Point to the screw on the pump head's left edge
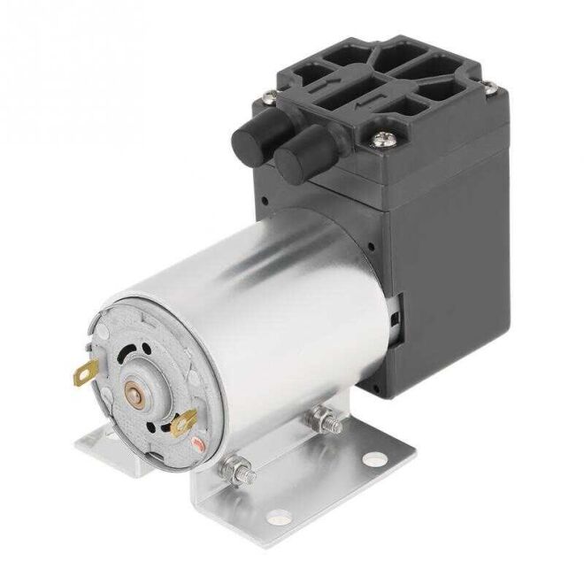[x=263, y=103]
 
